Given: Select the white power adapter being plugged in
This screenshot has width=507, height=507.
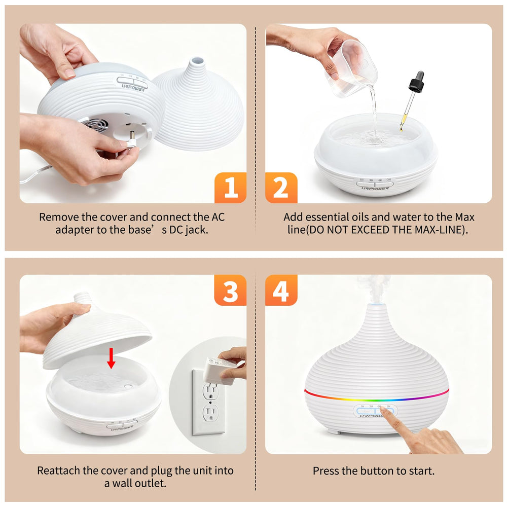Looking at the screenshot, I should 220,370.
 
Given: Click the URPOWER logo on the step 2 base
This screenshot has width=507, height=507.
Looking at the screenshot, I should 376,188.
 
